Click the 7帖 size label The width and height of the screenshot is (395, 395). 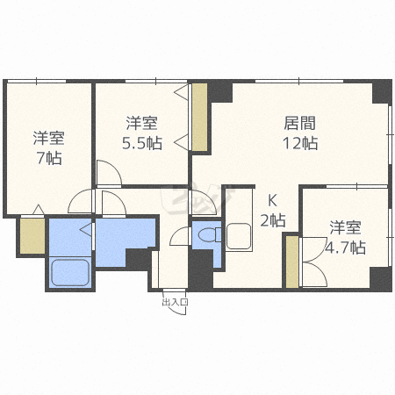pos(48,158)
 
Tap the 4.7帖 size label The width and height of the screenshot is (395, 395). pos(345,248)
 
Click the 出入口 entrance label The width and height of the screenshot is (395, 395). pos(175,303)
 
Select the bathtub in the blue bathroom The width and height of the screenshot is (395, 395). pos(70,273)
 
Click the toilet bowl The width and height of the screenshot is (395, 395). pos(207,235)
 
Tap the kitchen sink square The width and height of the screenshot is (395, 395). pos(239,237)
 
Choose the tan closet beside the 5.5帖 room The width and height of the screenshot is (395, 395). pos(199,117)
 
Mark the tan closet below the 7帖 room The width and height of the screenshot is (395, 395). pos(32,235)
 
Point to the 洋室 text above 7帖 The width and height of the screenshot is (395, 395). pos(48,137)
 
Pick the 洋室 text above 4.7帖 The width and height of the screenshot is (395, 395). pos(345,226)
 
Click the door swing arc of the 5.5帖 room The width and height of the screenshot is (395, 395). pos(109,173)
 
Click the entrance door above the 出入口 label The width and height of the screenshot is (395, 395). pos(174,289)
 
